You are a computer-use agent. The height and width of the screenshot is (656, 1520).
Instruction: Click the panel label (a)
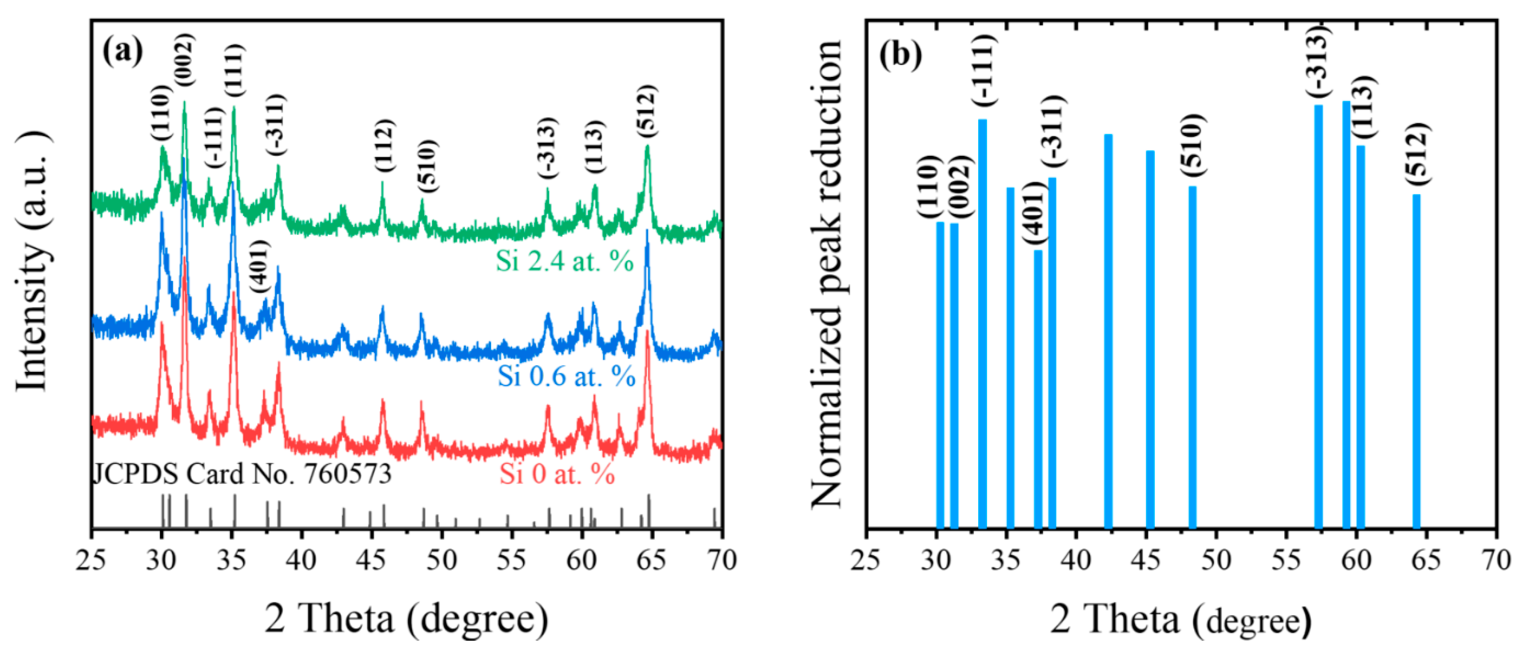coord(123,52)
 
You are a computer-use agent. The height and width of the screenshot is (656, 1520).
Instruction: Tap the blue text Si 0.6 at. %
coord(566,375)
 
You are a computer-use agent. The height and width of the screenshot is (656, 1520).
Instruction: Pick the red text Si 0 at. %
coord(557,474)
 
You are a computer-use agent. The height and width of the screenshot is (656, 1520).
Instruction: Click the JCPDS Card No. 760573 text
coord(242,474)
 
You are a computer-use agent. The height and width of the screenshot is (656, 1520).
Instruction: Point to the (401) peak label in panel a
coord(259,267)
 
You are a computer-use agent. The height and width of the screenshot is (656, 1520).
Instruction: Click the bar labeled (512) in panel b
coord(1416,360)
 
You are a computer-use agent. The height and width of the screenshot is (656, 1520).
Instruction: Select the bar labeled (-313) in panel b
coord(1318,316)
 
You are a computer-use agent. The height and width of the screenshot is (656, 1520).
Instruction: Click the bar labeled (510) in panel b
coord(1192,357)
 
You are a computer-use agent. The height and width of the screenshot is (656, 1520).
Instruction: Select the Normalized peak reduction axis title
coord(826,274)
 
